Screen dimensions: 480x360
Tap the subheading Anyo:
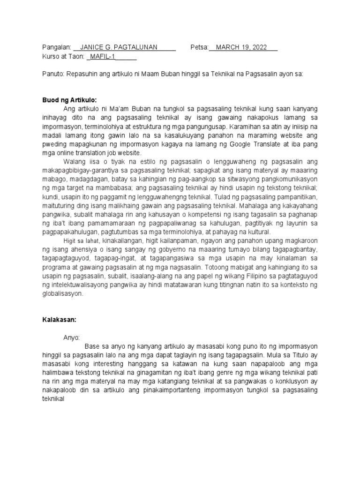point(72,338)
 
